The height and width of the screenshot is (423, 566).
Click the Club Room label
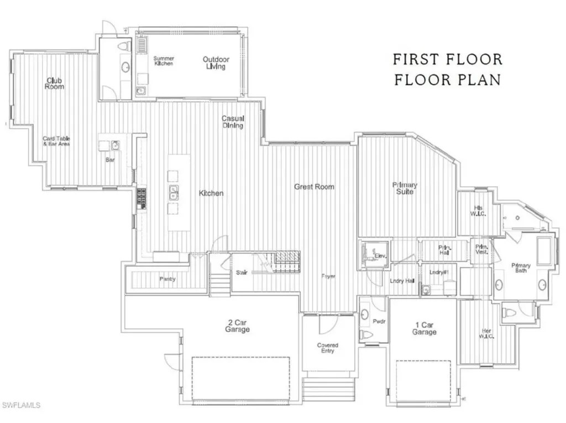(54, 84)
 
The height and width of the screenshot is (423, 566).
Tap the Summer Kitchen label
(164, 61)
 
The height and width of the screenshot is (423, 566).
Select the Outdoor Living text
(216, 63)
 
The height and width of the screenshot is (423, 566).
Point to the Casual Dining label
(233, 122)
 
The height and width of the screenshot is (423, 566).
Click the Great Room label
(314, 187)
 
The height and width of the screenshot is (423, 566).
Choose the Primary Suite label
(405, 188)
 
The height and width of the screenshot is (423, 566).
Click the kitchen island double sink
(174, 193)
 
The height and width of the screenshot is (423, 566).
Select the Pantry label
(167, 279)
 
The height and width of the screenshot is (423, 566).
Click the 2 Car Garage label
(237, 326)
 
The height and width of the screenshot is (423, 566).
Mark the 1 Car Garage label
(424, 329)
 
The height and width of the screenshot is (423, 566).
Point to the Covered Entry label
(327, 348)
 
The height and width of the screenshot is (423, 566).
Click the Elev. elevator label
(380, 256)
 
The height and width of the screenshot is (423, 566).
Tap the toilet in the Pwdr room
(365, 334)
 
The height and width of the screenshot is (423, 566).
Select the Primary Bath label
(521, 268)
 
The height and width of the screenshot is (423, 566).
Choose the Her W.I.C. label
(487, 333)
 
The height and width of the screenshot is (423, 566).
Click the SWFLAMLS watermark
(20, 406)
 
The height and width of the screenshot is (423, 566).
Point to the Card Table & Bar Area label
(56, 141)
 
